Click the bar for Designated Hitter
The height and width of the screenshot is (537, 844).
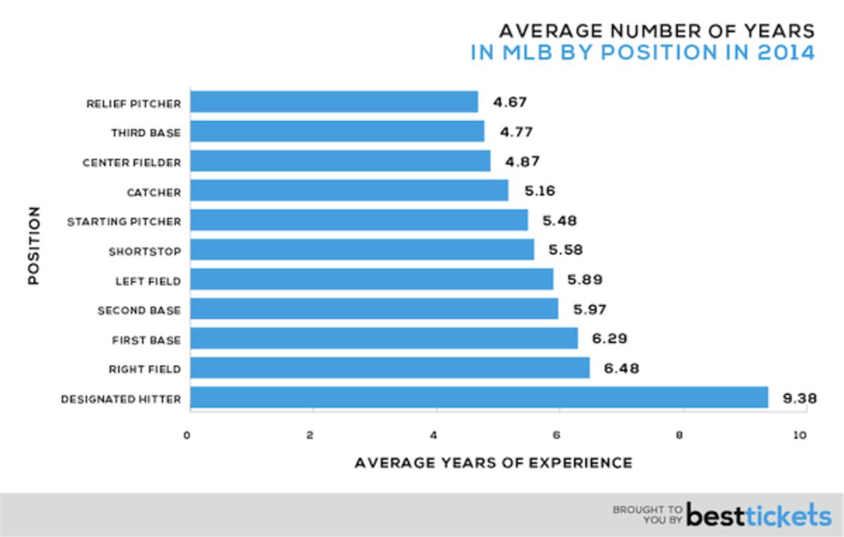pos(478,398)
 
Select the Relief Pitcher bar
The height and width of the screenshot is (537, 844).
pos(333,102)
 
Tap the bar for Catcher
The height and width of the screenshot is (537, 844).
pos(349,190)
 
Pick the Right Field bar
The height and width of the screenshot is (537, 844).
pos(390,368)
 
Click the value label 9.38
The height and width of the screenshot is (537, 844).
pos(800,399)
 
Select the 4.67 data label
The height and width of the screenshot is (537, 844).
pos(509,102)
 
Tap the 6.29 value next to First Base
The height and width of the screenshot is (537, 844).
pos(609,339)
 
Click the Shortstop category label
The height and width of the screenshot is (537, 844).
pos(144,252)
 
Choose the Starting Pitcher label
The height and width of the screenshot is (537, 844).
pos(124,222)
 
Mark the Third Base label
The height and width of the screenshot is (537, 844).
pos(146,133)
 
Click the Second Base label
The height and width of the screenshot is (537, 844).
pos(139,310)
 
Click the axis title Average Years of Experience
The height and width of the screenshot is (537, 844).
pos(493,463)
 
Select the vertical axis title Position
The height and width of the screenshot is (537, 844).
pos(33,245)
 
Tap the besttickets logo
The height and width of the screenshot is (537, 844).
pos(758,515)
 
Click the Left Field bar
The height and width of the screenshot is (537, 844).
pos(371,280)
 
